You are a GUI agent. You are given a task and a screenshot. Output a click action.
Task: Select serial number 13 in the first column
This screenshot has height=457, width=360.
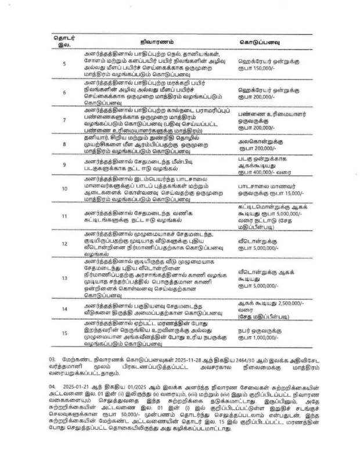(64, 278)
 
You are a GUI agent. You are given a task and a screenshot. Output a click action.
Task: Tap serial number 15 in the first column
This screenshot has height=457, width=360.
(64, 333)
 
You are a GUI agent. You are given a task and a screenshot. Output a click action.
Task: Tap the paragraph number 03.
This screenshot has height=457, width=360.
(52, 360)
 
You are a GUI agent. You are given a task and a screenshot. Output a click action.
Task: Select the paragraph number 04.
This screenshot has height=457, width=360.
(52, 385)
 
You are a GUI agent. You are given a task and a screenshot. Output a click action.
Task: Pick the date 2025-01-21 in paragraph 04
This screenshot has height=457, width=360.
(77, 385)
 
